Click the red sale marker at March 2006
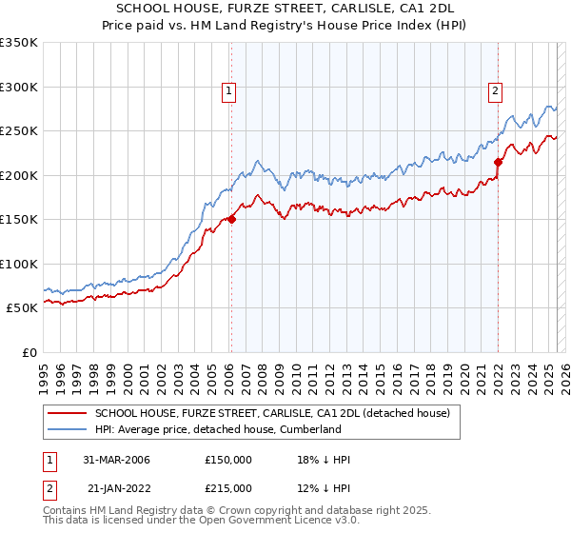pos(231,219)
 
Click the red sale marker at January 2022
pos(498,162)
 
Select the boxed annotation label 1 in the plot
pos(230,91)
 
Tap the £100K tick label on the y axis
pos(18,264)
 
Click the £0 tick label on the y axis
pos(29,352)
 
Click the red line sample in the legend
pos(67,413)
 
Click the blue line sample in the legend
pos(67,429)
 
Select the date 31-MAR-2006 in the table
pos(117,460)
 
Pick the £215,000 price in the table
pos(228,487)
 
